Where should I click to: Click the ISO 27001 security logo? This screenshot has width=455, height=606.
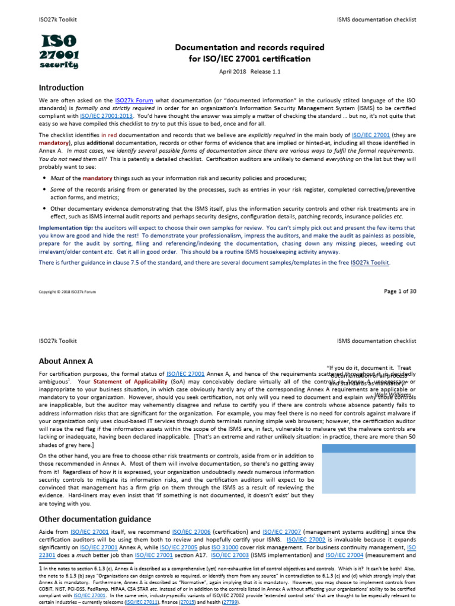[x=59, y=51]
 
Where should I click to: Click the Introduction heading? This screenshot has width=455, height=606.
[x=61, y=88]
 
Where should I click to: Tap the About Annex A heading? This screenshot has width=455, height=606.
[x=66, y=361]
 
